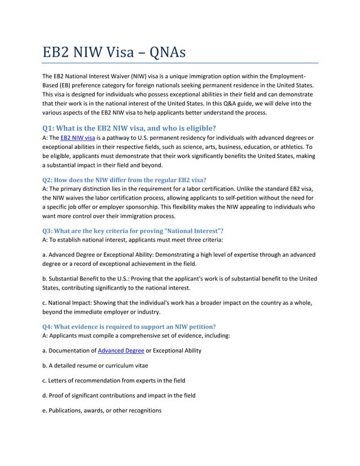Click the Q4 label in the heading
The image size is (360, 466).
coord(50,327)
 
